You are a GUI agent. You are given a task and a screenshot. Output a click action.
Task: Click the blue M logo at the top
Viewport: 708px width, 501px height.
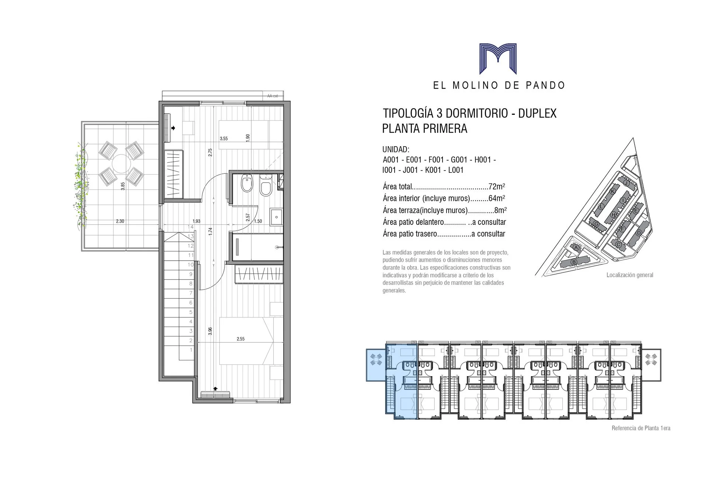[x=497, y=59]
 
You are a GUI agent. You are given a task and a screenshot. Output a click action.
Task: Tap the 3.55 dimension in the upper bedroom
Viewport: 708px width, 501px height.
[x=224, y=139]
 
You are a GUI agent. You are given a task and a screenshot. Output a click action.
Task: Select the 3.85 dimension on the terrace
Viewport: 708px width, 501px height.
[x=123, y=186]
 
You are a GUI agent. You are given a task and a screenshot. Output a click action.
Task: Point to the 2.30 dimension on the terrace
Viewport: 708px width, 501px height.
[x=120, y=221]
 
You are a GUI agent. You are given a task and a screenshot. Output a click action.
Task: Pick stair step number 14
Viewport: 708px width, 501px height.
[x=191, y=227]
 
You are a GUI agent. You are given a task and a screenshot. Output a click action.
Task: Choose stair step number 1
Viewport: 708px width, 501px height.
[x=191, y=350]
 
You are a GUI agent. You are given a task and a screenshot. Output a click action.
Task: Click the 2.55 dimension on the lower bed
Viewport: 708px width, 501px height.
[x=240, y=339]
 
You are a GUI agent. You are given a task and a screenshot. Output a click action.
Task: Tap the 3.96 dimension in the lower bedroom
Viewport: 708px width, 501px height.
[x=210, y=331]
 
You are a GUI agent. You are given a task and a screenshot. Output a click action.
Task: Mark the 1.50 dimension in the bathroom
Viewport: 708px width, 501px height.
[x=258, y=221]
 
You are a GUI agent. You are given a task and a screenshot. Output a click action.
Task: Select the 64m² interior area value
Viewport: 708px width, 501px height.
[x=496, y=198]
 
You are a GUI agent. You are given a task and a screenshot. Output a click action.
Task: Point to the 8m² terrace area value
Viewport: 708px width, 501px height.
[x=500, y=210]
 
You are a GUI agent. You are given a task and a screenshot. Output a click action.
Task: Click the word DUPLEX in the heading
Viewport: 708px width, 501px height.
[x=537, y=113]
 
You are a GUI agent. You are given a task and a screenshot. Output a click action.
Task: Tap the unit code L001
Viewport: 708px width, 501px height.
[x=454, y=170]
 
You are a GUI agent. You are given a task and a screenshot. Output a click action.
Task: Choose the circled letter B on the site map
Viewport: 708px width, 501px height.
[x=573, y=262]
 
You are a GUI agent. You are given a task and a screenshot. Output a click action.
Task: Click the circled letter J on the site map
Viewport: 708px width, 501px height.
[x=626, y=183]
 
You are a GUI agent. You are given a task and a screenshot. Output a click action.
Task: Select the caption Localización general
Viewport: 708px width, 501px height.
[x=630, y=275]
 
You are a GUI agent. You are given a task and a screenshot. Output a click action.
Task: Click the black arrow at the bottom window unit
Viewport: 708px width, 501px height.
[x=215, y=388]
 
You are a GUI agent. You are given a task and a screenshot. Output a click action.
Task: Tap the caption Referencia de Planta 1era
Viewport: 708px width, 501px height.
[x=641, y=428]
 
